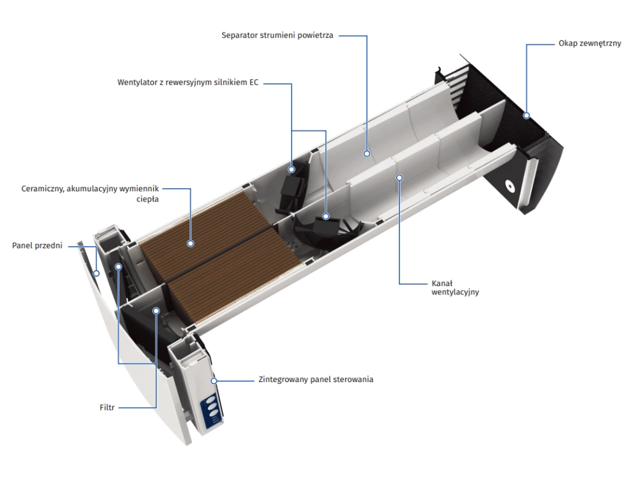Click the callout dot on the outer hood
[x=525, y=116]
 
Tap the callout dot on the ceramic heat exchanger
[x=190, y=243]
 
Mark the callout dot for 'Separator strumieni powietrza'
[x=367, y=153]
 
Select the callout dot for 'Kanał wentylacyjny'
[x=399, y=177]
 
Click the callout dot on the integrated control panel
[x=215, y=380]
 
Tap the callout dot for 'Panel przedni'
[x=96, y=273]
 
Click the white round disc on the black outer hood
[x=509, y=186]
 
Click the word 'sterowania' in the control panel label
[x=353, y=380]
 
